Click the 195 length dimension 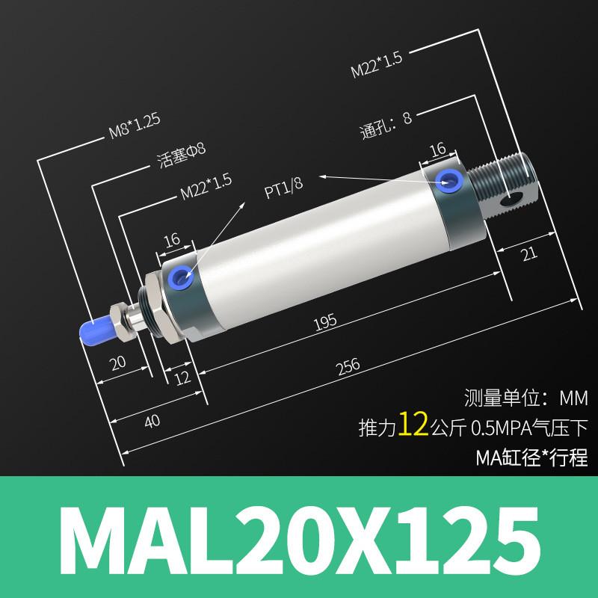[326, 321]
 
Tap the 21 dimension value [528, 256]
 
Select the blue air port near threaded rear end [450, 179]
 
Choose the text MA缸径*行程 [531, 456]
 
